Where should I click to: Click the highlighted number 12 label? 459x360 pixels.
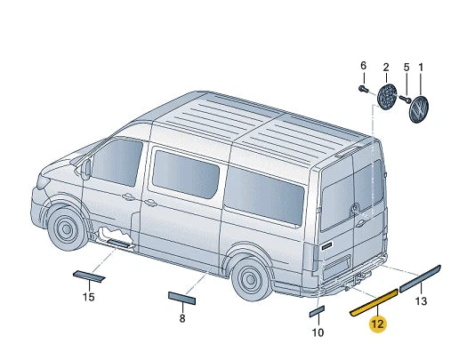click(378, 324)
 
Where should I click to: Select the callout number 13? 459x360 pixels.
click(421, 301)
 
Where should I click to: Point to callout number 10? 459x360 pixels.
click(318, 333)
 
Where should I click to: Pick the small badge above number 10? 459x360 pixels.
click(318, 311)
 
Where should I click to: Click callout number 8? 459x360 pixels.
click(182, 317)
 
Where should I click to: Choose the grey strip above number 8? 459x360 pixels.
click(182, 296)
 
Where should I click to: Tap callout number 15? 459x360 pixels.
click(88, 297)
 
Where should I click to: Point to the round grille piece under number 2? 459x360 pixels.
click(387, 98)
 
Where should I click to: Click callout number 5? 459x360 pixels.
click(407, 67)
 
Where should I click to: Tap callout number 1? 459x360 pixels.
click(421, 67)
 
